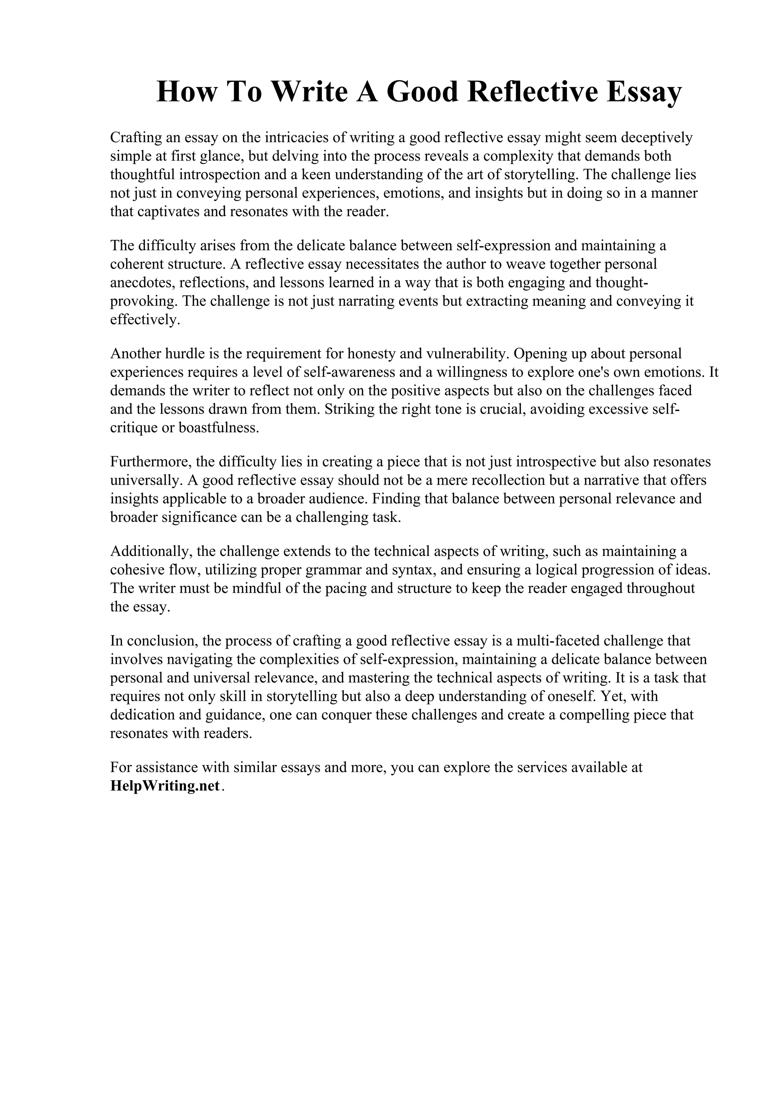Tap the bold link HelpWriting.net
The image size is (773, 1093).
pyautogui.click(x=165, y=786)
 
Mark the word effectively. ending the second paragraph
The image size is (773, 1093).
pyautogui.click(x=145, y=320)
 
